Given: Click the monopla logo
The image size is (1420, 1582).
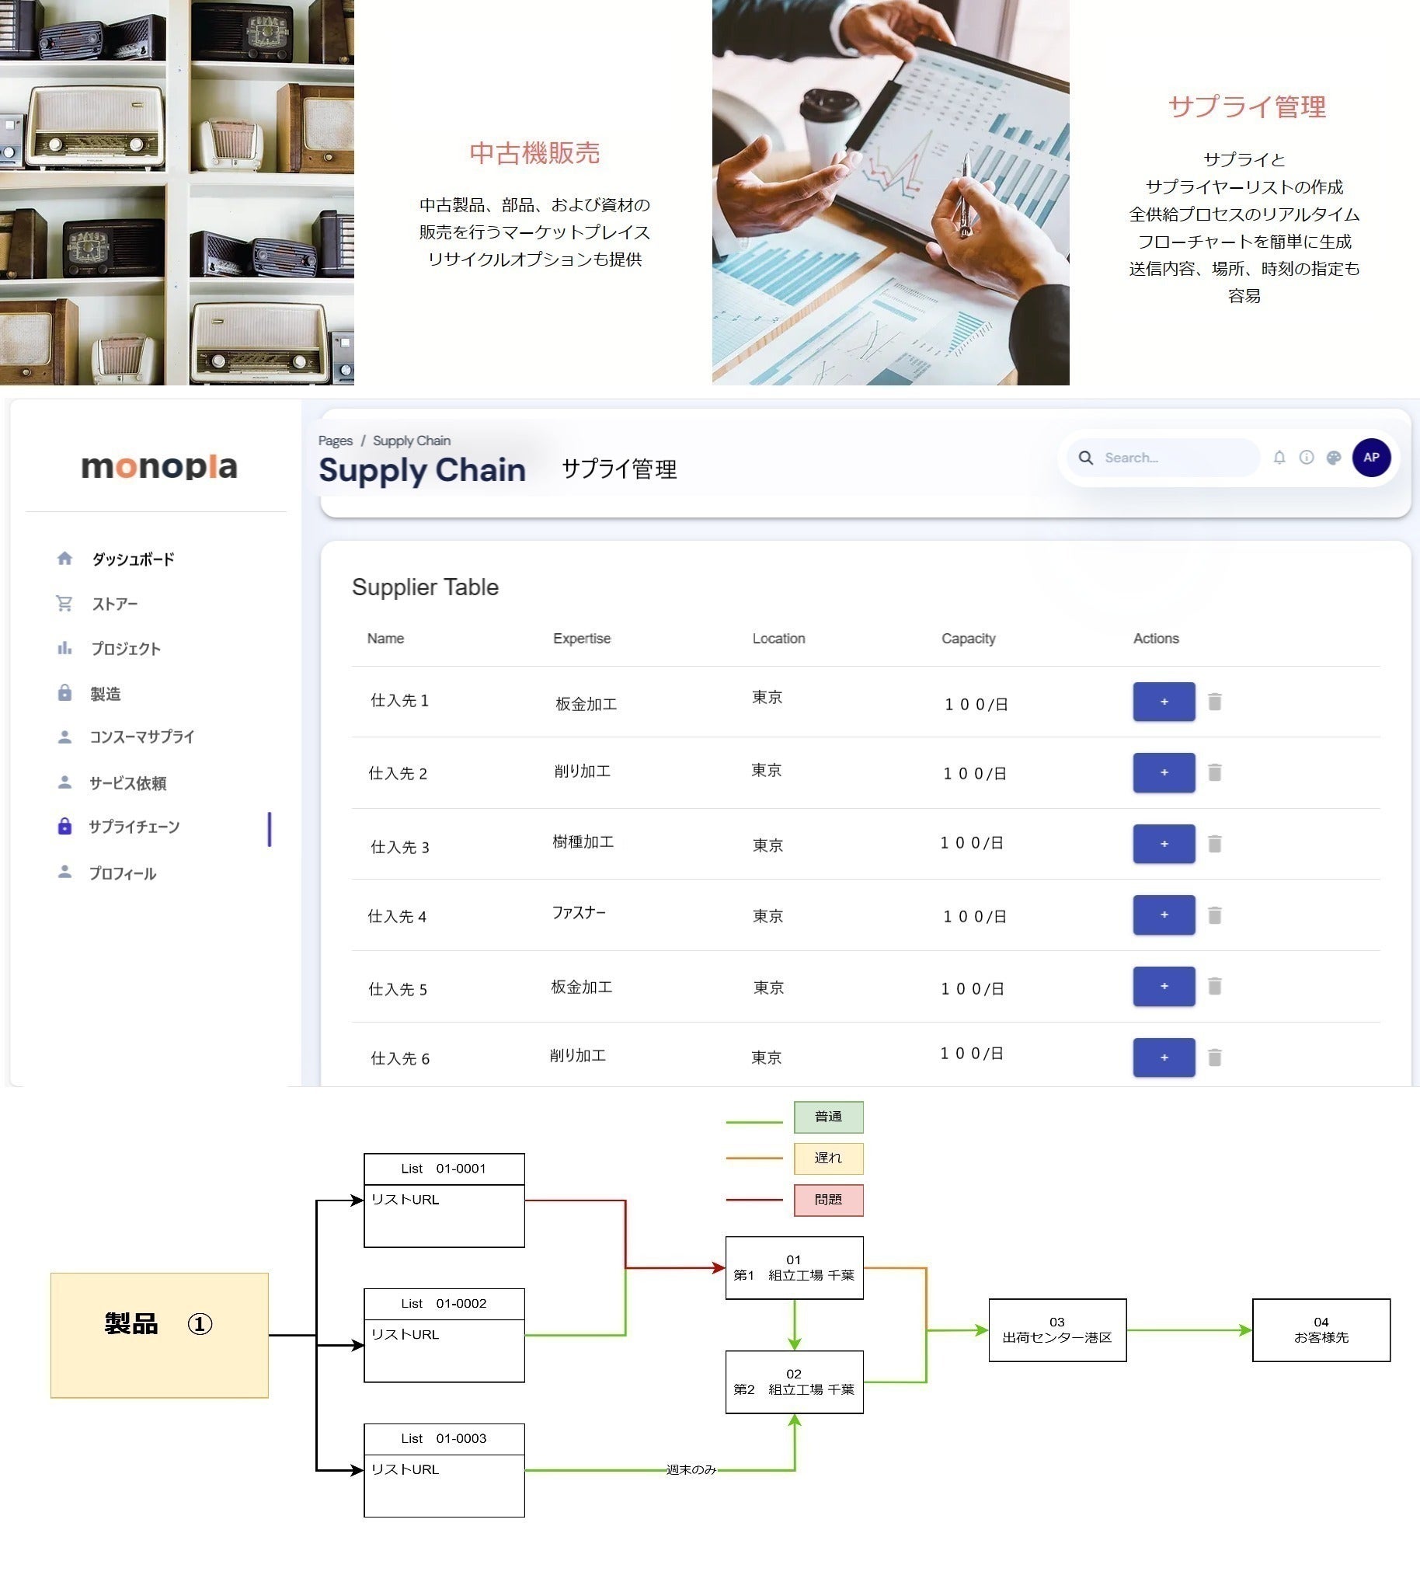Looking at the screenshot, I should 159,467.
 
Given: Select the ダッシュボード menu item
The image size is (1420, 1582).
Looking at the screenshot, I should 133,559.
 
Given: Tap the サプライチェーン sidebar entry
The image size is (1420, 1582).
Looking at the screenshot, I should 134,827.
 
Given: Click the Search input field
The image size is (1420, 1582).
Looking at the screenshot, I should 1175,458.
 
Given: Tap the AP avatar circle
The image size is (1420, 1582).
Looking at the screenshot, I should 1371,458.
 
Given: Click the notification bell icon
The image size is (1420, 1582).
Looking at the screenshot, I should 1279,458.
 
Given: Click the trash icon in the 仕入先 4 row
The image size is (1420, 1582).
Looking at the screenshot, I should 1214,915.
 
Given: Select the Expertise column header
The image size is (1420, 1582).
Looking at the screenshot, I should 581,639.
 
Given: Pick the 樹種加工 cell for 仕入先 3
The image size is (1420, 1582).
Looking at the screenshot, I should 583,842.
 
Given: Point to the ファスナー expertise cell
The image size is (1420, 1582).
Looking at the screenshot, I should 578,912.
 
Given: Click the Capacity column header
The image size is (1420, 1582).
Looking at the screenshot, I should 967,639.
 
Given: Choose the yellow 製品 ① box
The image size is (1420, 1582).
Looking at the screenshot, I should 159,1335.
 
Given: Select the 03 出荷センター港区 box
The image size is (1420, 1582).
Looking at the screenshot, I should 1056,1330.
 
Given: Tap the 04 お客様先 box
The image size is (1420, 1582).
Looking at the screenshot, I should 1320,1330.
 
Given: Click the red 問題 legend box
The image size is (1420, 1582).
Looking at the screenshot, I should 828,1200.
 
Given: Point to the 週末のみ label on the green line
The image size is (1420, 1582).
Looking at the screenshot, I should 691,1469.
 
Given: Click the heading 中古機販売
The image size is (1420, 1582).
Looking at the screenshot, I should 534,153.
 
